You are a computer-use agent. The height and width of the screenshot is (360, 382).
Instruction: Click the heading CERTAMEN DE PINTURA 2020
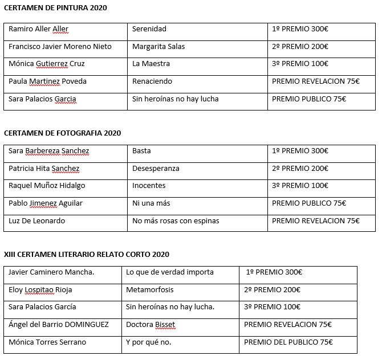tap(55, 8)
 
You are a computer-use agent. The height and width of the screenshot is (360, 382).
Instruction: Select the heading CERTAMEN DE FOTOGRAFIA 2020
tap(62, 133)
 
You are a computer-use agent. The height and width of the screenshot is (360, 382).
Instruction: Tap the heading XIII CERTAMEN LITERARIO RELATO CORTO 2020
tap(86, 254)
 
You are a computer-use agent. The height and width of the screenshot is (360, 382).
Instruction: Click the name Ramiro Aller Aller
tap(38, 29)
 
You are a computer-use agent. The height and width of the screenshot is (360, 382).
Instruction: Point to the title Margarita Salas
tap(159, 46)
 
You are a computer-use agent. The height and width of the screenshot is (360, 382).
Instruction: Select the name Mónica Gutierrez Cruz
tap(46, 64)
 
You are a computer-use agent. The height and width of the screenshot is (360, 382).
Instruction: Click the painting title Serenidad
tap(149, 29)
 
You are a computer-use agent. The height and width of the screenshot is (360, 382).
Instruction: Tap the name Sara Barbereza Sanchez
tap(49, 151)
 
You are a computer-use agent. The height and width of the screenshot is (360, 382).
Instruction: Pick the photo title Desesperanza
tap(156, 169)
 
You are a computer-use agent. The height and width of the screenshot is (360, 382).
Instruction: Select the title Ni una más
tap(151, 203)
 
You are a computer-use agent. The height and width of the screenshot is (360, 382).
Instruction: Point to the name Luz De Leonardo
tap(37, 221)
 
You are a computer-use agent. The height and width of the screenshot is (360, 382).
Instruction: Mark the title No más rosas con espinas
tap(176, 221)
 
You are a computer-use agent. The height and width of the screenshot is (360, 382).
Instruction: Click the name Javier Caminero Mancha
tap(51, 272)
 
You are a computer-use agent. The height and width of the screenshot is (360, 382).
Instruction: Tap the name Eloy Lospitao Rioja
tap(40, 290)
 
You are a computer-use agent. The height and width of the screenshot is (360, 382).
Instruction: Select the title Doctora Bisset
tap(151, 325)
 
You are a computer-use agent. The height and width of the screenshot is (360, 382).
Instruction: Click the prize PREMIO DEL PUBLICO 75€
tap(288, 342)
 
